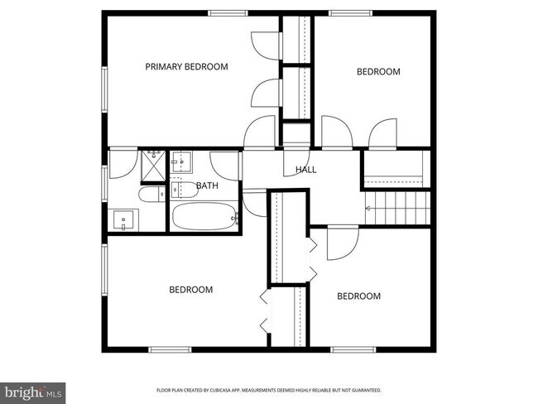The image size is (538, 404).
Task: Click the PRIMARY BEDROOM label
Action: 186,67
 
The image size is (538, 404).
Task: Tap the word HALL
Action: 305,170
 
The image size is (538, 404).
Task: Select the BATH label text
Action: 207,185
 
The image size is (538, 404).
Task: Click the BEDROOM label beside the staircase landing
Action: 378,72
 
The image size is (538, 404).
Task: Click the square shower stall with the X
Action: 152,165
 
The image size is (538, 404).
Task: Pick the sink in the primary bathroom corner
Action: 124,220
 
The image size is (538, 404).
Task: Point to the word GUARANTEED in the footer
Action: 363,389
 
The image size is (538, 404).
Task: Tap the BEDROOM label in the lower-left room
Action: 191,290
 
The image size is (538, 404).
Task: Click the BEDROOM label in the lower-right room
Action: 359,296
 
